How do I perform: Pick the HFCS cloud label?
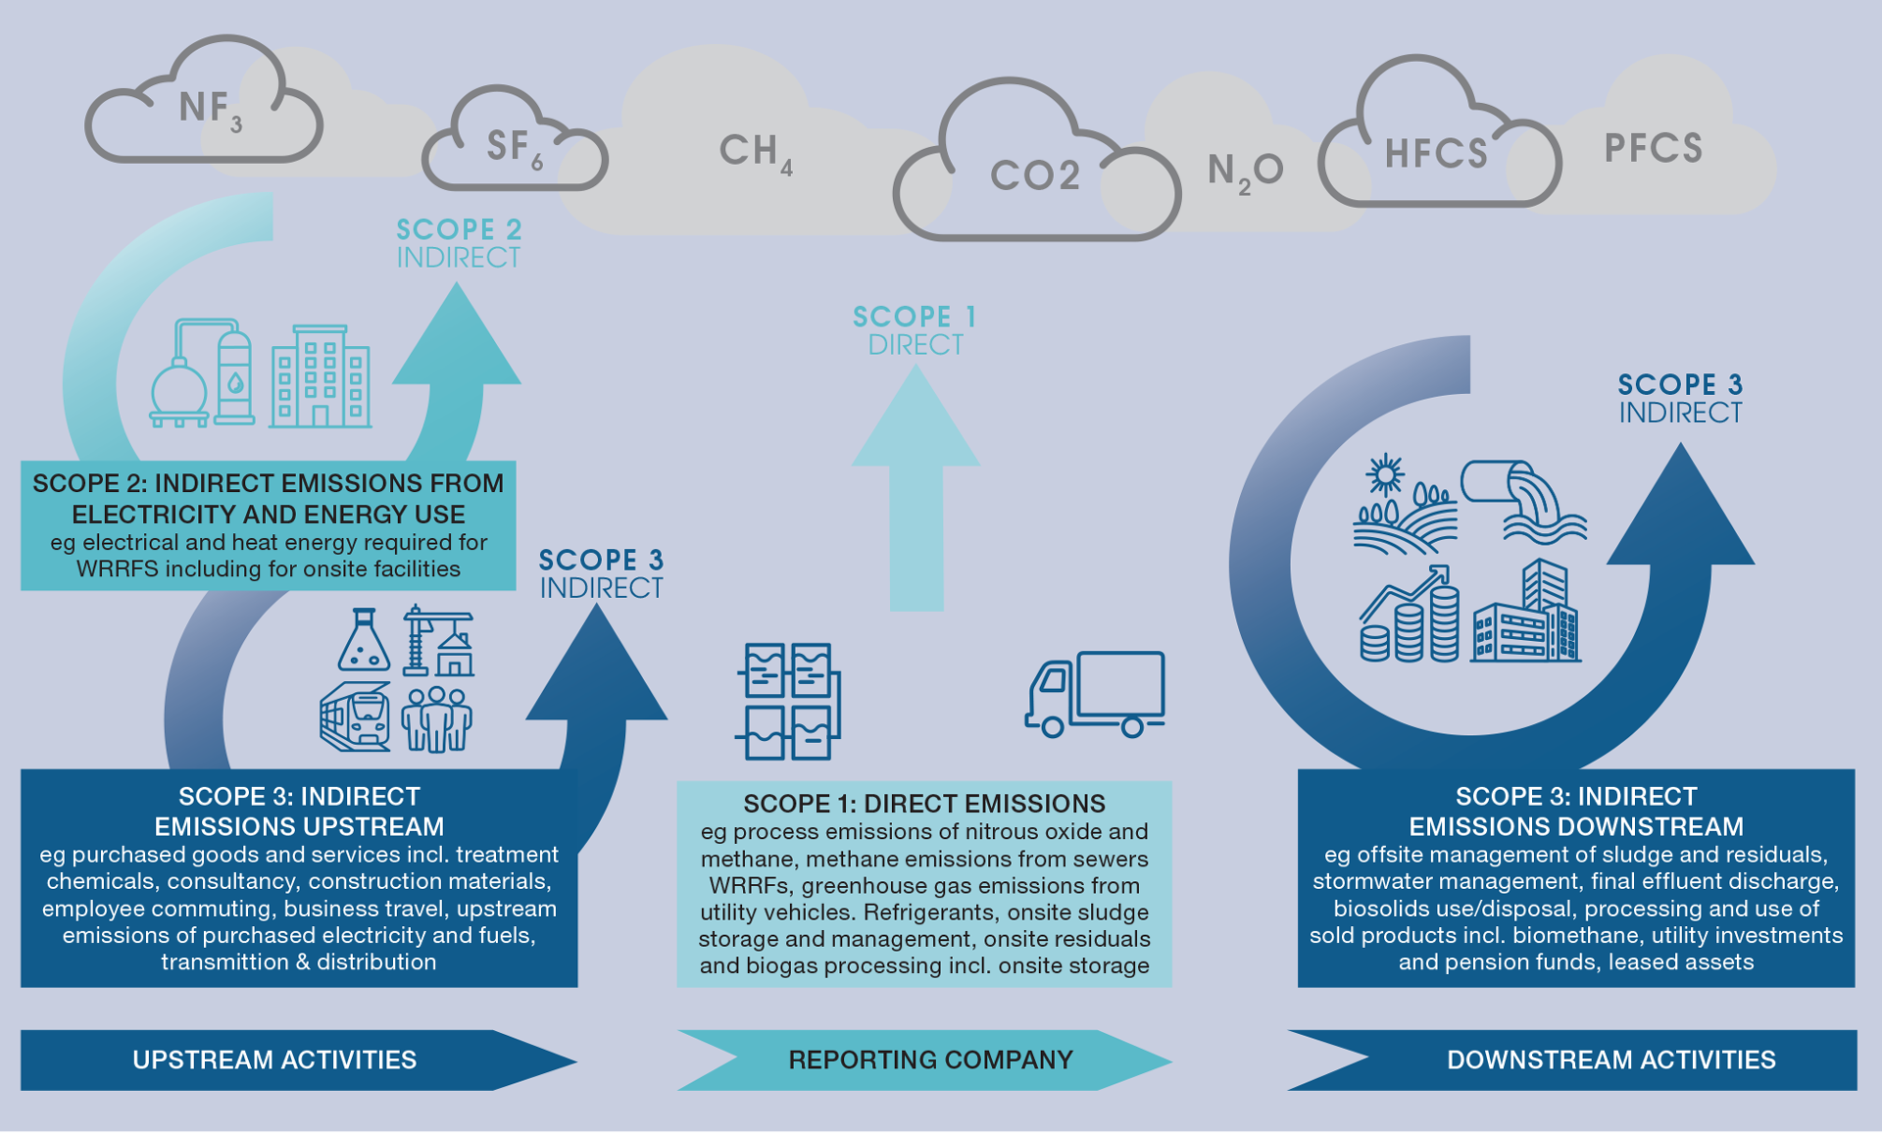1436,155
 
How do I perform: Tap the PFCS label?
1653,149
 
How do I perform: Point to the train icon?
355,717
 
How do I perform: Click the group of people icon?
437,718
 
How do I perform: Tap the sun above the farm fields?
1385,475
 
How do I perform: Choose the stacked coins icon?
1410,627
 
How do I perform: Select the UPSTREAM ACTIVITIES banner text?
274,1059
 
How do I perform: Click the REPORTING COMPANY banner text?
930,1059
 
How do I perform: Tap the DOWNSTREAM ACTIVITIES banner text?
1610,1059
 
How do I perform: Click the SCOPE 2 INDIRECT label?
459,243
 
